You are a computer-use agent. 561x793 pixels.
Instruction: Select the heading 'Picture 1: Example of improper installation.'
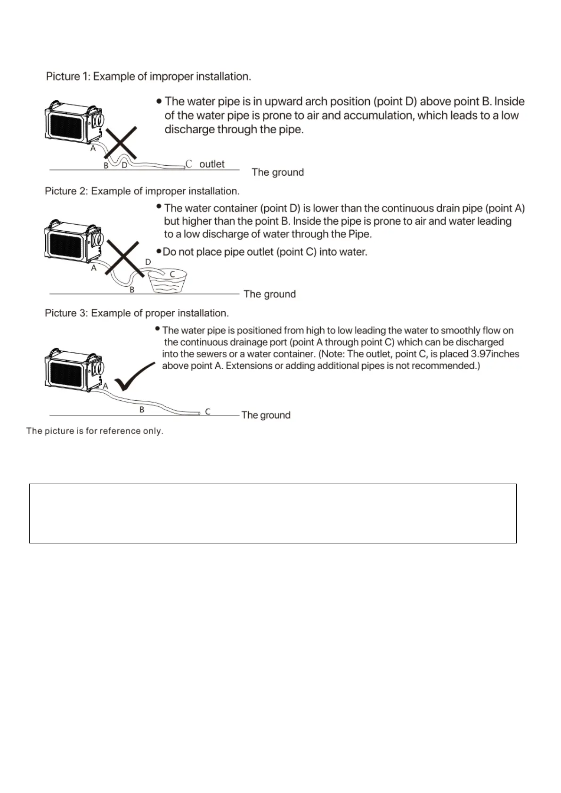(x=148, y=76)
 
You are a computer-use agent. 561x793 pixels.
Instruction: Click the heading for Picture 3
(x=137, y=313)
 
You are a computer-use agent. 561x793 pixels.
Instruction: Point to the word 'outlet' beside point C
(x=212, y=164)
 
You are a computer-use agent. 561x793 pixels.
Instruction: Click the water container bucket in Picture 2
(x=167, y=281)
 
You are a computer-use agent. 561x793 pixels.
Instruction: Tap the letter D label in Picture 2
(x=148, y=262)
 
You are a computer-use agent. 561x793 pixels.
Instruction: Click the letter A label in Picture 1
(x=93, y=148)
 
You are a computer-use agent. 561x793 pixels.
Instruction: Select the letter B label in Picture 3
(x=142, y=410)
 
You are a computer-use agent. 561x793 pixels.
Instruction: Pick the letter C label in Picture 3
(x=208, y=411)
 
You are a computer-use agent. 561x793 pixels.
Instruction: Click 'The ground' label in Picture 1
(x=278, y=172)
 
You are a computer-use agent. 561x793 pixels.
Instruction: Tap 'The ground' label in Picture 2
(x=270, y=294)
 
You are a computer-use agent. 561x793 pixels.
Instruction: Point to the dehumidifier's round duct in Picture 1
(x=99, y=120)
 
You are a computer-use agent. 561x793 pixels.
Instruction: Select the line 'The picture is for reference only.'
(x=95, y=431)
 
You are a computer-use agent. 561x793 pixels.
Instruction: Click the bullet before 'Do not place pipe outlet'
(x=159, y=251)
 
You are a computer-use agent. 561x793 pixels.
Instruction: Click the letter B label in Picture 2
(x=132, y=290)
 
